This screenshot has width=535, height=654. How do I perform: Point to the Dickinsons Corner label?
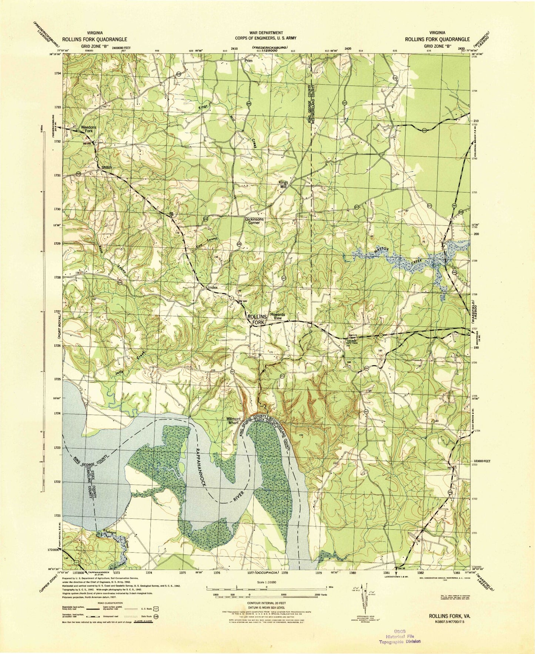click(x=254, y=221)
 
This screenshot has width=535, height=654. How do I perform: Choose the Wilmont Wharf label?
click(x=234, y=421)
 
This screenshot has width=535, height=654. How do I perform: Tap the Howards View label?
click(x=277, y=316)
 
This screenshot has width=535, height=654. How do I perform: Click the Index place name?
click(x=213, y=287)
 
